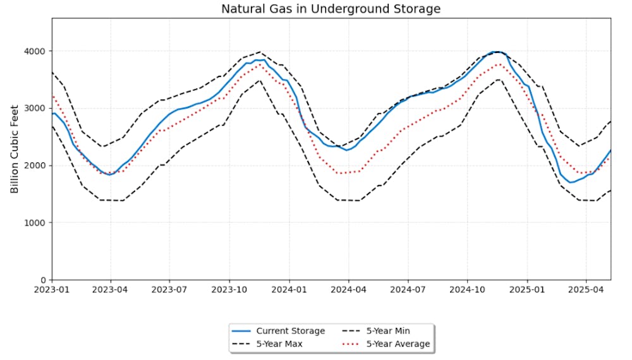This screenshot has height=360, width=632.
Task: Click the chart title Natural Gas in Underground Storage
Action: point(331,9)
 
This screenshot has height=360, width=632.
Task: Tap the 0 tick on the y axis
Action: point(44,280)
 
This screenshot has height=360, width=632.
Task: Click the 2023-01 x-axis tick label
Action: point(52,292)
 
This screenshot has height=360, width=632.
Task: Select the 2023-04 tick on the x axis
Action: point(111,292)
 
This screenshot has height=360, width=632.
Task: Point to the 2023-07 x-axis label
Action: point(169,292)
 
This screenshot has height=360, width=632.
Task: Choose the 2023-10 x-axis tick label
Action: point(229,292)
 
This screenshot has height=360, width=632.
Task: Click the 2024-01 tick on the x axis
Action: point(289,292)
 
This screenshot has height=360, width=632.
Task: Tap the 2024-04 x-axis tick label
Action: point(348,292)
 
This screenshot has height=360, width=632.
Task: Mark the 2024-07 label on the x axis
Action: point(407,292)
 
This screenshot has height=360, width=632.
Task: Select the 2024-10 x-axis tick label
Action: point(467,292)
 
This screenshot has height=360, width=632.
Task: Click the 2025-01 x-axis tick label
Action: point(526,292)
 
